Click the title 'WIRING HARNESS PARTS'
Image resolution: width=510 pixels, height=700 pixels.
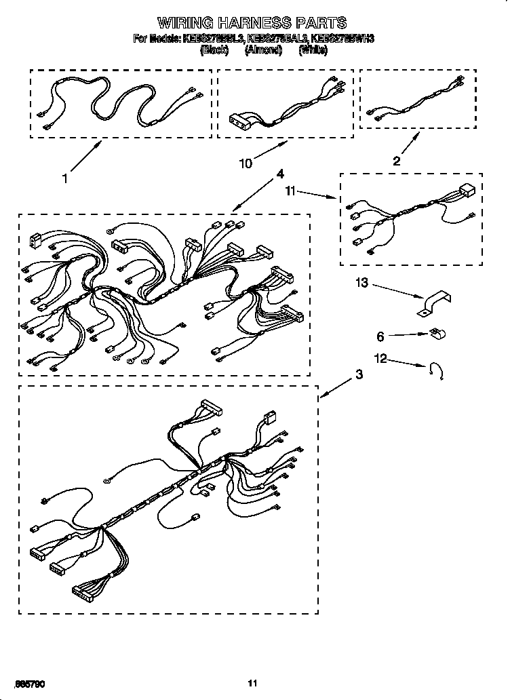pyautogui.click(x=253, y=23)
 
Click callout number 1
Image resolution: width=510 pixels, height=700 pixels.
pyautogui.click(x=65, y=179)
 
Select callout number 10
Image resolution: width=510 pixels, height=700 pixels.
pyautogui.click(x=246, y=163)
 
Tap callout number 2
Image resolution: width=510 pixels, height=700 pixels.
pyautogui.click(x=397, y=161)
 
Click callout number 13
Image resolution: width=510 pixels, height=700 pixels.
pyautogui.click(x=363, y=282)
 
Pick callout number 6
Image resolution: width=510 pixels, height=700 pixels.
pyautogui.click(x=380, y=335)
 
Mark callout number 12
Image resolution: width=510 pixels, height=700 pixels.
pyautogui.click(x=382, y=358)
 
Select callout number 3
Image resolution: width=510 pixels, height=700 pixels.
pyautogui.click(x=358, y=374)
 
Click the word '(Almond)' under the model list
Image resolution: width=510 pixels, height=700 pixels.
pyautogui.click(x=263, y=50)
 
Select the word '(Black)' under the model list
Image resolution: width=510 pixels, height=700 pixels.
pyautogui.click(x=214, y=50)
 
